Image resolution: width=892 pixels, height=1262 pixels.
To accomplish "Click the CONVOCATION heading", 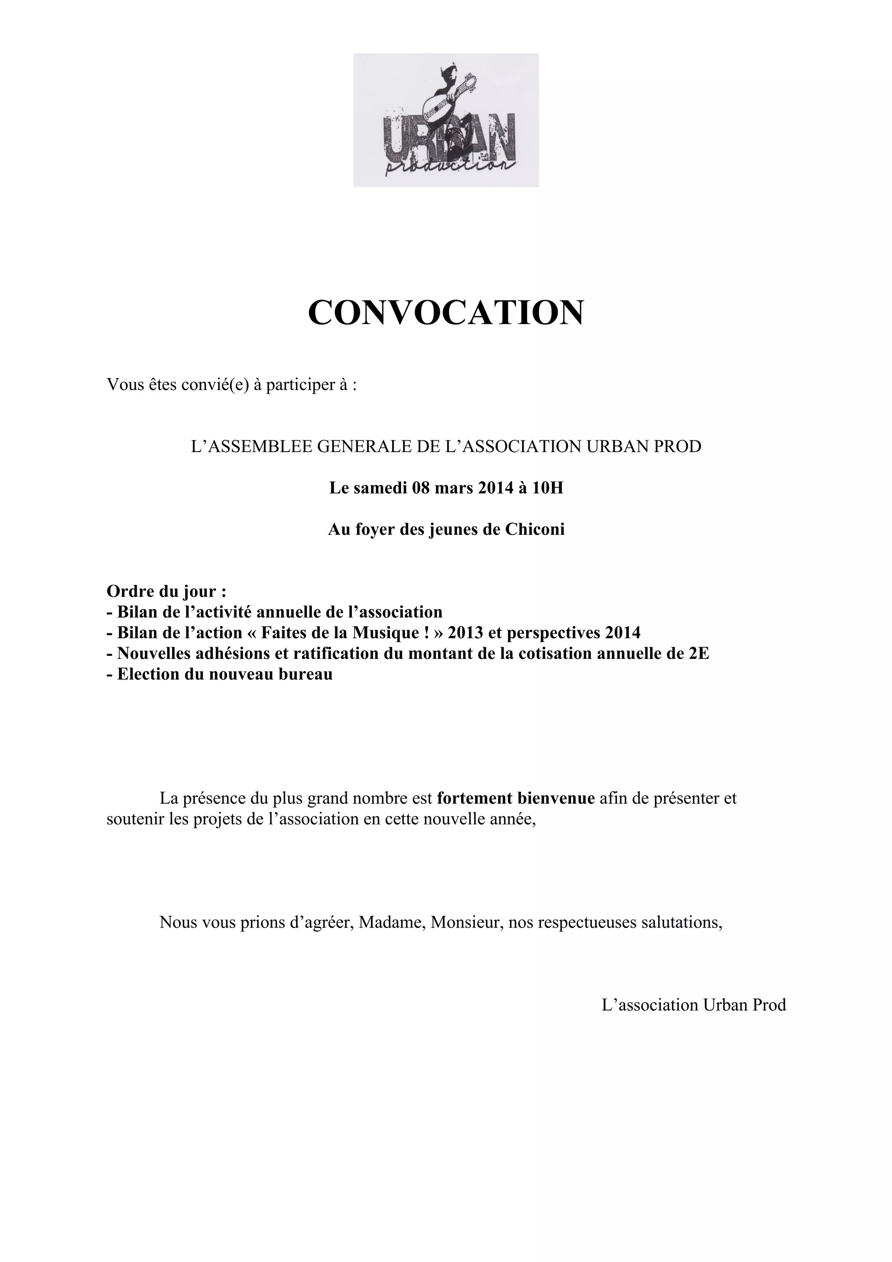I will tap(446, 313).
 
